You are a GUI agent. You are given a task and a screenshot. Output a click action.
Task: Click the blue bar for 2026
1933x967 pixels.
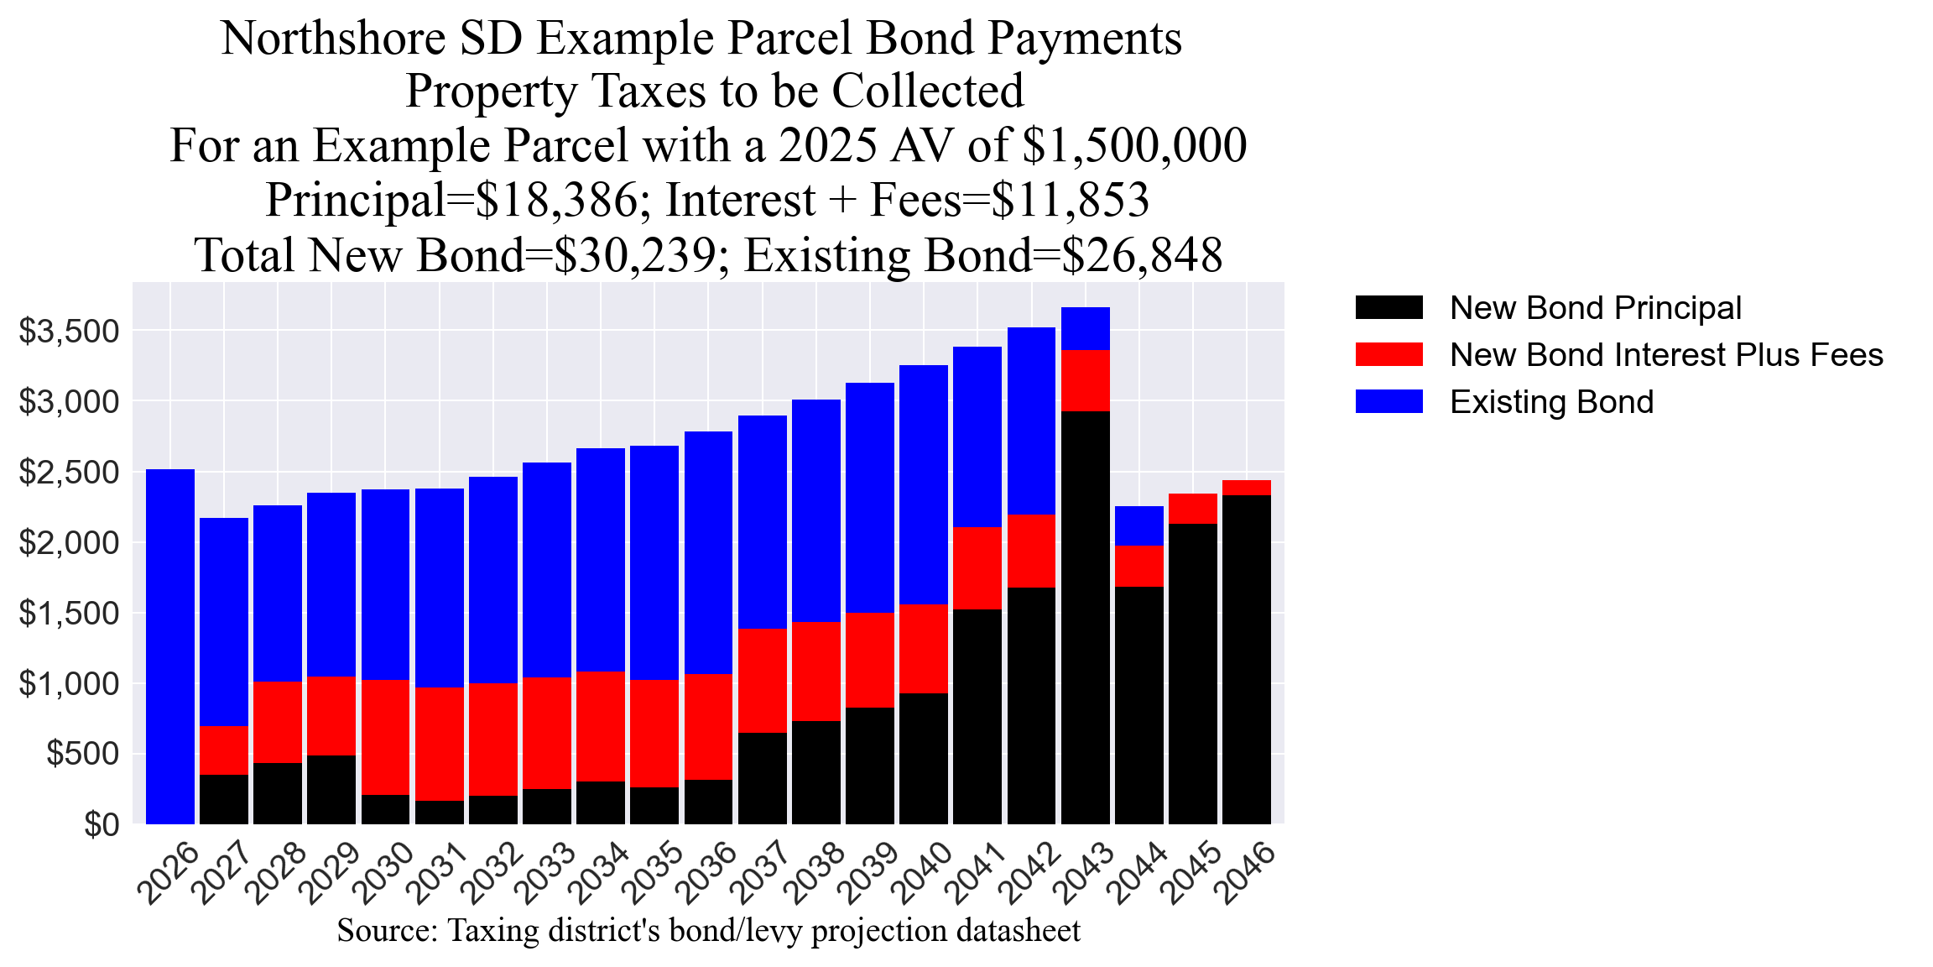[x=170, y=646]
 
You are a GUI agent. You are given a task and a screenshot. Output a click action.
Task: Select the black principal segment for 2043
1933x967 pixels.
[x=1085, y=617]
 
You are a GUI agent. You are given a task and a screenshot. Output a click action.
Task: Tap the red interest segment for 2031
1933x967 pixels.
[x=440, y=744]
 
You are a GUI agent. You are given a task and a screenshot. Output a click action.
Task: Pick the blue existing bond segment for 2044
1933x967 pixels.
[x=1138, y=525]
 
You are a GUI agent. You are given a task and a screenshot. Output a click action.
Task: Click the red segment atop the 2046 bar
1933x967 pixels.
[x=1246, y=488]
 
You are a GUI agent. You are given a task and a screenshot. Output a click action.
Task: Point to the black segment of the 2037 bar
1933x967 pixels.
[x=763, y=778]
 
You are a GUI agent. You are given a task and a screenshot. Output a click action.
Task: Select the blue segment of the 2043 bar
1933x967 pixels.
[x=1085, y=328]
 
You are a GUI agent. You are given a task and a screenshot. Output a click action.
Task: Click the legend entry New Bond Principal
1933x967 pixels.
[x=1595, y=308]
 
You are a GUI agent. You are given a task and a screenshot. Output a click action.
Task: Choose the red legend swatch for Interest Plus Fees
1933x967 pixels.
[x=1389, y=355]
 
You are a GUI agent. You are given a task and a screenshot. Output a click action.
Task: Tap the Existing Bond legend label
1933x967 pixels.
[x=1551, y=402]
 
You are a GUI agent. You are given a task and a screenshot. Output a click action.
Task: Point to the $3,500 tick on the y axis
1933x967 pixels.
[x=70, y=332]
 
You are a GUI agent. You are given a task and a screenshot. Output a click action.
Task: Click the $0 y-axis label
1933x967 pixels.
[x=102, y=825]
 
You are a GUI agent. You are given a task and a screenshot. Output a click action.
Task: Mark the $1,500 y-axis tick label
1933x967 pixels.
[x=70, y=614]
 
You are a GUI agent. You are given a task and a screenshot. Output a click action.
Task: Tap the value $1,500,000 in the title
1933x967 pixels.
[x=1134, y=145]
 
